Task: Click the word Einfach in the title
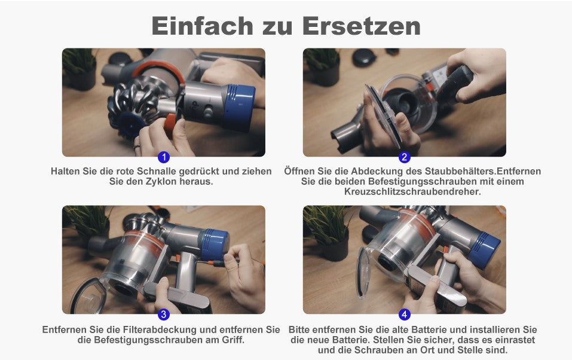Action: [x=203, y=26]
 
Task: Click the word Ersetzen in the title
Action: [x=362, y=26]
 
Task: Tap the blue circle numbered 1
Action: [x=164, y=157]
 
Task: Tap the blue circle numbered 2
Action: [x=404, y=157]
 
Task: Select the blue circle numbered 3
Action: [x=164, y=315]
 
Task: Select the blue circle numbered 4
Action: [x=404, y=315]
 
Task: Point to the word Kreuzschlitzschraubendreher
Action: [x=412, y=192]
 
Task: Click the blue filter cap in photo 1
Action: [x=239, y=107]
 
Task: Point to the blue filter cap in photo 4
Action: [x=484, y=249]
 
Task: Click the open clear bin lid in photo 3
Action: [x=87, y=297]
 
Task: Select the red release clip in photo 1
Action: [x=170, y=123]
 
